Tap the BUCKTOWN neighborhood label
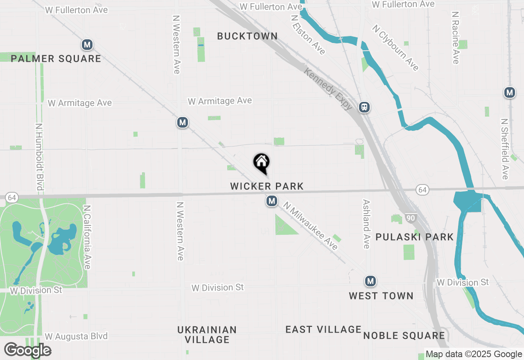tap(247, 36)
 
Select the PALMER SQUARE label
tap(56, 59)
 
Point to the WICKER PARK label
tap(267, 187)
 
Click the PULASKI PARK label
tap(414, 237)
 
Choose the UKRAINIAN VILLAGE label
tap(207, 335)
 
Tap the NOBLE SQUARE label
tap(404, 336)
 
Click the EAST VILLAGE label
tap(323, 329)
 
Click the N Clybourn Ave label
tap(395, 47)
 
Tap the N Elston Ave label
tap(307, 35)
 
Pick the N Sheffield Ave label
tap(505, 149)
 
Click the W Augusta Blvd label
tap(76, 336)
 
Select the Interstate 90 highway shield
tap(410, 218)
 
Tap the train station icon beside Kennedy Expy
tap(364, 107)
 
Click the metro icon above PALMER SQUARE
tap(87, 45)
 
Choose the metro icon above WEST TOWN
tap(370, 281)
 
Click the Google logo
tap(27, 350)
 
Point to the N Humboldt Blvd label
tap(39, 157)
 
